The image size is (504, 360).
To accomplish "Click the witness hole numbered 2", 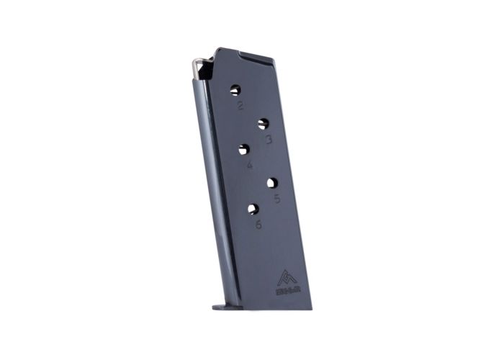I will pos(235,90).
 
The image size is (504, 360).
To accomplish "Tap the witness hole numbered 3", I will pos(264,124).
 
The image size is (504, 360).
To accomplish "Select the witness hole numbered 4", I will pos(244,150).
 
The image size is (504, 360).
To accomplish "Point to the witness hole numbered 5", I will pos(272,183).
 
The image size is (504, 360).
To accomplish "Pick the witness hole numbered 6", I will pos(253,209).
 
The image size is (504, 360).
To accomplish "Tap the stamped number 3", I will pos(269,140).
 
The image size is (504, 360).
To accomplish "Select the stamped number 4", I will pos(249,166).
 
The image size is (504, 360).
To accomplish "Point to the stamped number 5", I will pos(277,199).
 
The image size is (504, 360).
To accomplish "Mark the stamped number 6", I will pos(258,225).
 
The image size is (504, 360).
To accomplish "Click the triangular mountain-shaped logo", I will pos(285,276).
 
